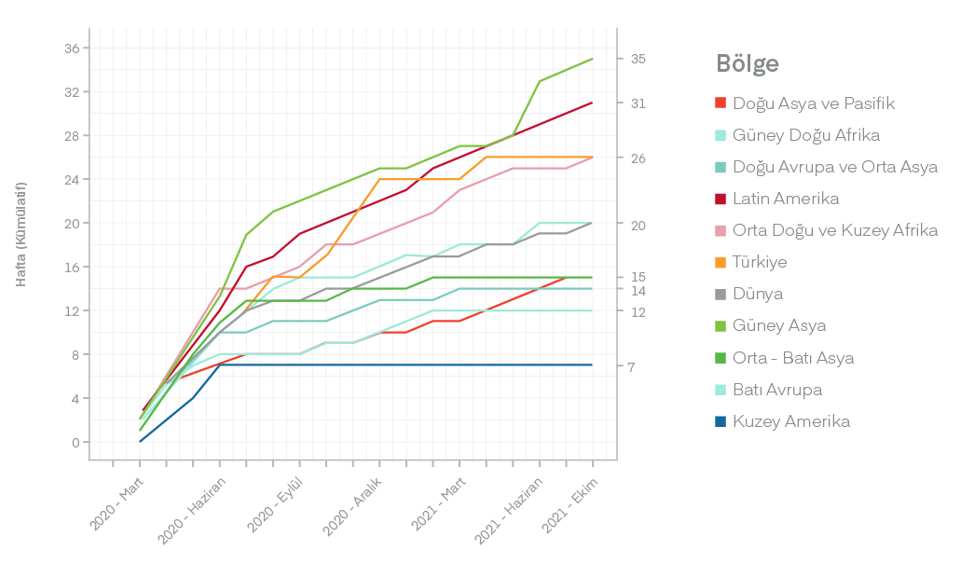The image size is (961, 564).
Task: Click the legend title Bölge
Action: coord(748,64)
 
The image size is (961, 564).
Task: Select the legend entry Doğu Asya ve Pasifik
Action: coord(813,103)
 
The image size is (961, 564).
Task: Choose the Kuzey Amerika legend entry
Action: coord(790,421)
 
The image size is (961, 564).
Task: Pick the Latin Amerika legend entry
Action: coord(785,199)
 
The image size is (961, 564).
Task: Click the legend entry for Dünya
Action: coord(757,294)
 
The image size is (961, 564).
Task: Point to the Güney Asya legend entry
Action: coord(778,325)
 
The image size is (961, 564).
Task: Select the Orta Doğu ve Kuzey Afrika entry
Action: coord(834,230)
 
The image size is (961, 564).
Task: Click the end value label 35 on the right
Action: coord(638,59)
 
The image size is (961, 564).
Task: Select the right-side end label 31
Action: coord(638,103)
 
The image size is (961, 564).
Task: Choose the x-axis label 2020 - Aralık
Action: coord(352,508)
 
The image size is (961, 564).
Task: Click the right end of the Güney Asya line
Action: coord(592,59)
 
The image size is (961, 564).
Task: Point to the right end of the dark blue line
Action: coord(592,365)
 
